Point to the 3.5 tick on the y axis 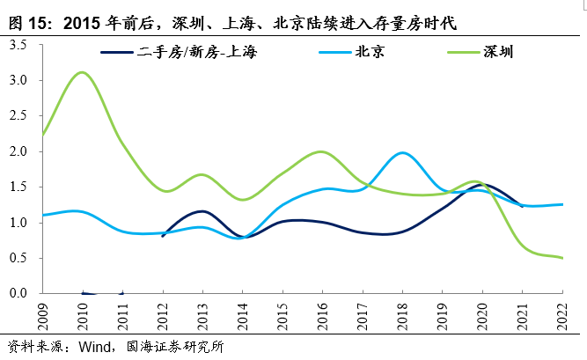[19, 45]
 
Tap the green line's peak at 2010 [82, 72]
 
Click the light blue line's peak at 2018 [403, 153]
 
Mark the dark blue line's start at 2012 [163, 236]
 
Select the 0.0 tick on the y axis [19, 293]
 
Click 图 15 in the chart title [26, 18]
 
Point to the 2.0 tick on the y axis [19, 151]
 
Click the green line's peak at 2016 [322, 151]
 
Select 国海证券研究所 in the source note [176, 346]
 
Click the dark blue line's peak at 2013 [202, 211]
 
